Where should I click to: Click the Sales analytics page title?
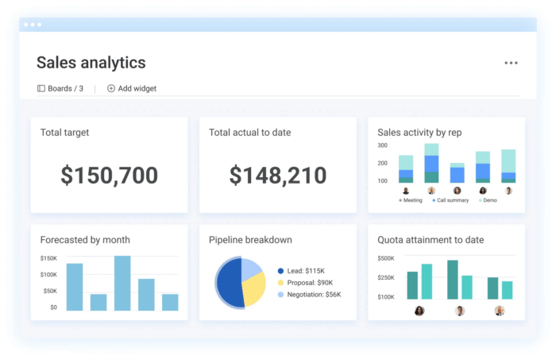(91, 63)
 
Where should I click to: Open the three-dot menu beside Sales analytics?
(511, 64)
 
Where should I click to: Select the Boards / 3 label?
(60, 88)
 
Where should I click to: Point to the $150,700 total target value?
(110, 176)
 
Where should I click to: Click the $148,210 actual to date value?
(278, 176)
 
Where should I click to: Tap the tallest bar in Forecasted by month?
(122, 282)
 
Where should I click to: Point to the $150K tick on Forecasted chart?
(48, 258)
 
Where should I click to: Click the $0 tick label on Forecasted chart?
(52, 307)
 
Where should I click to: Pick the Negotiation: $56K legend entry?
(314, 294)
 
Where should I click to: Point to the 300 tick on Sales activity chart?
(382, 145)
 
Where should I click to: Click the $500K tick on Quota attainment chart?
(385, 258)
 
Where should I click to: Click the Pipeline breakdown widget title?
(250, 240)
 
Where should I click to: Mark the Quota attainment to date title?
(431, 240)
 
